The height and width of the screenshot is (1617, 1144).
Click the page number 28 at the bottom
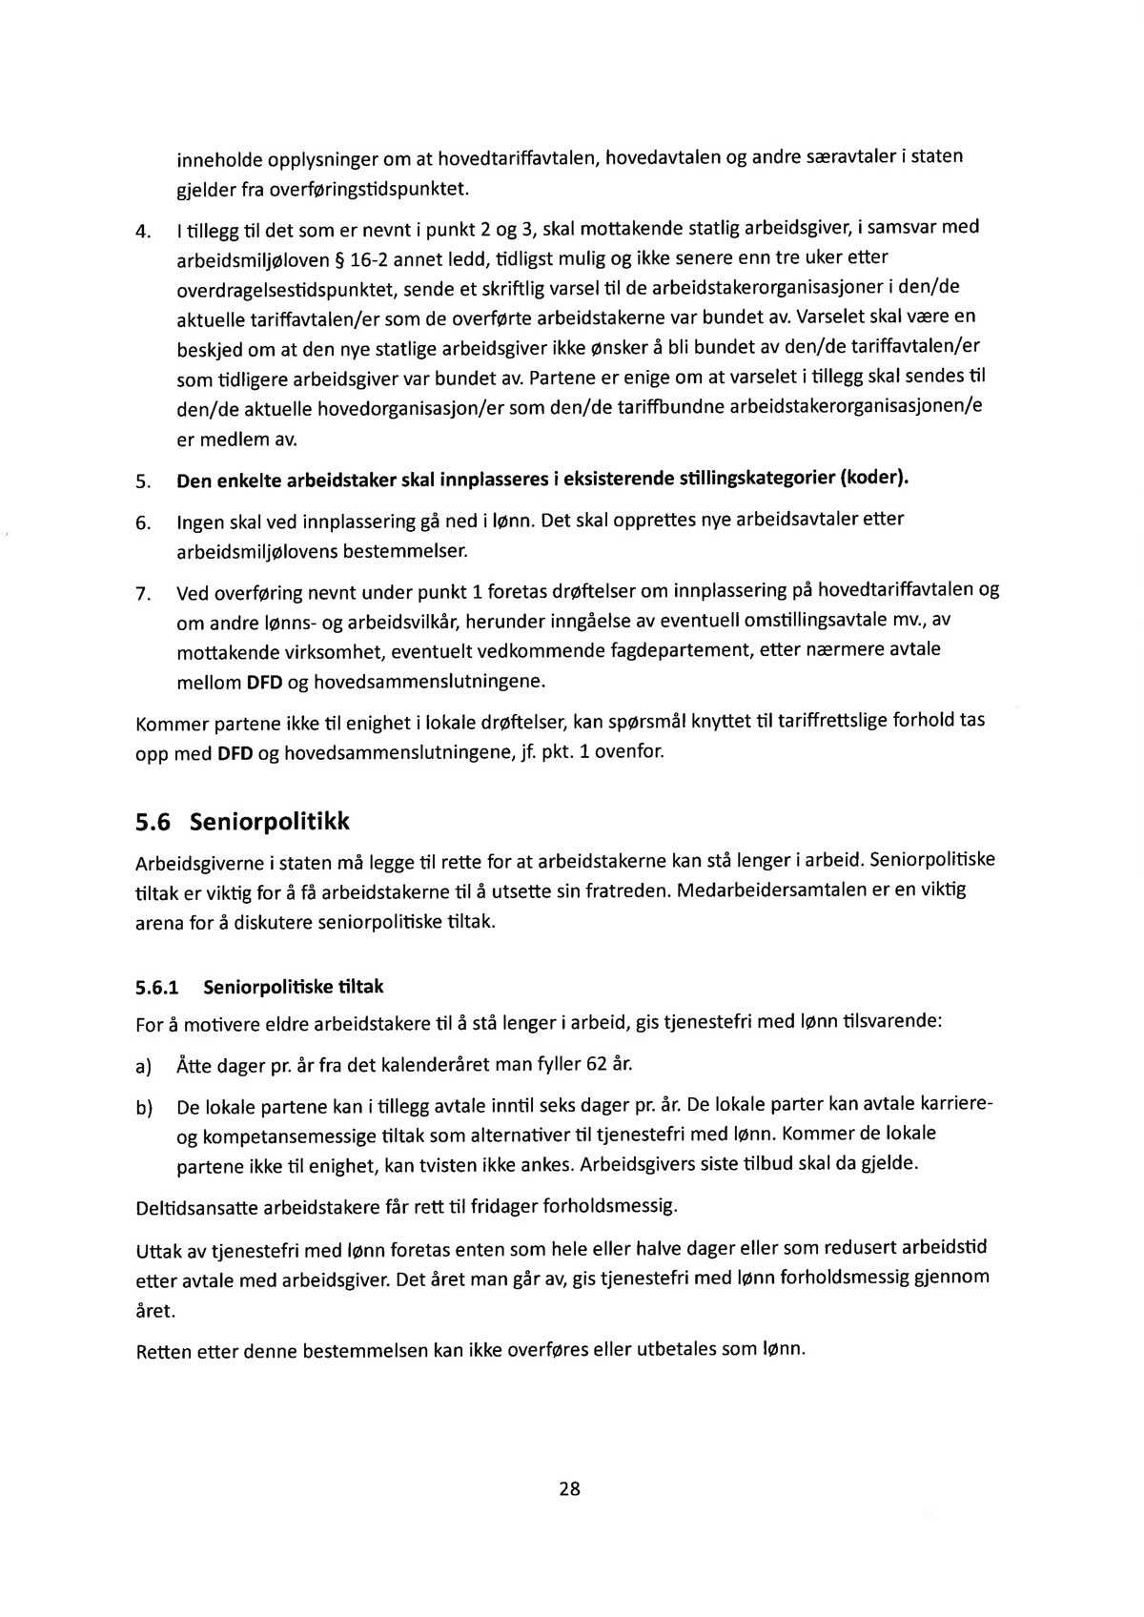point(570,1488)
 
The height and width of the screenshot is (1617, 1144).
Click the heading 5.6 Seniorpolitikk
point(243,821)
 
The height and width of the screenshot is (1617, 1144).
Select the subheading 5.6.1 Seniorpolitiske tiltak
point(260,987)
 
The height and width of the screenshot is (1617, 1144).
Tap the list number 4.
point(145,232)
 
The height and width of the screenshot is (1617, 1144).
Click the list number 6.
point(145,523)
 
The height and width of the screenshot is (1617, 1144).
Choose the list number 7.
point(145,595)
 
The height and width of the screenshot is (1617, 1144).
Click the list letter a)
point(145,1065)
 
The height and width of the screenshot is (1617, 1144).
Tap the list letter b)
point(145,1108)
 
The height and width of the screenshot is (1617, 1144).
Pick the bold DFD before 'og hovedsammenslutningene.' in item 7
point(264,683)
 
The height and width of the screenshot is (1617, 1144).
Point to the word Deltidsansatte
point(196,1209)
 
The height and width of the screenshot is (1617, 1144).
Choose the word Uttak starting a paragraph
point(159,1251)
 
